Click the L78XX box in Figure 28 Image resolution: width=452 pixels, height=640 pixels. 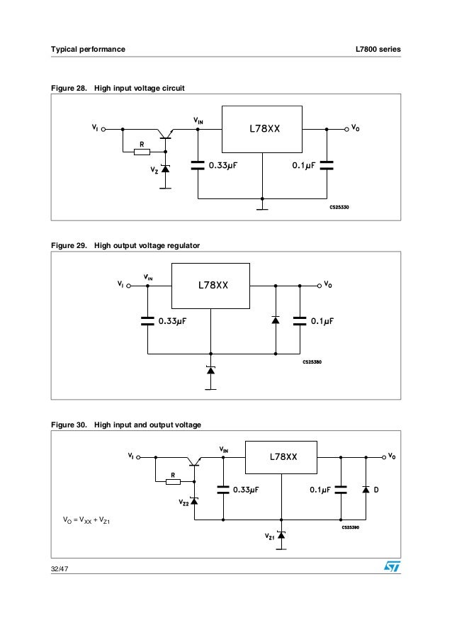point(263,130)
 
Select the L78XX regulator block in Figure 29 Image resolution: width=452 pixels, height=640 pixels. point(211,286)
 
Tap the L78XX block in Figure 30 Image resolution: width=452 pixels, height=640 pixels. point(282,457)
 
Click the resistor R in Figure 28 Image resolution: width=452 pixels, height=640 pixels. point(142,151)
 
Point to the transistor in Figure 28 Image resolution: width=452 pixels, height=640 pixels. point(165,134)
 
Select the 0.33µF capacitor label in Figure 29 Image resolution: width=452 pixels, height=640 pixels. point(176,320)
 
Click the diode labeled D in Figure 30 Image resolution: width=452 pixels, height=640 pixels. point(366,489)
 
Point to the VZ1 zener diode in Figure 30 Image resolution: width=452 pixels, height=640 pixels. point(281,535)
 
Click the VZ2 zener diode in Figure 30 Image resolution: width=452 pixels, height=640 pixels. point(194,500)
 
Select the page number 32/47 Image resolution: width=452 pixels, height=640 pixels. point(60,569)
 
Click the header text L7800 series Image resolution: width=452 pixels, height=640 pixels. point(378,49)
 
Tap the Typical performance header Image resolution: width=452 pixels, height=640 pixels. point(87,49)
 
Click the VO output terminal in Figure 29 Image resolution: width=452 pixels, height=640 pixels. point(317,286)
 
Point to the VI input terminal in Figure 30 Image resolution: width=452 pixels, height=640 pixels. point(140,457)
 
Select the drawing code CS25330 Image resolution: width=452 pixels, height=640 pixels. point(339,207)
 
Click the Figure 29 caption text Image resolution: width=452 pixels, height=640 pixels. point(125,245)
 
